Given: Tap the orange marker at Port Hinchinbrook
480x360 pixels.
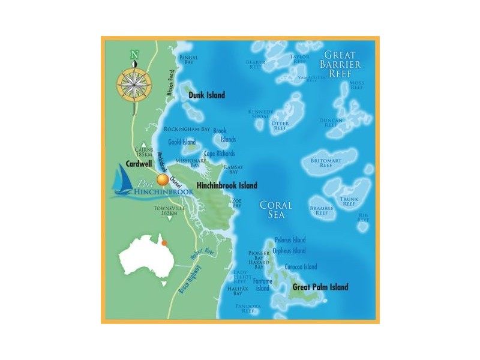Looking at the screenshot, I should tap(162, 179).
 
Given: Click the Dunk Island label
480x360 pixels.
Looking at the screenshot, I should tap(206, 95).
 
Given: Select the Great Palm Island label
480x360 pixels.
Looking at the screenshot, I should tap(320, 287).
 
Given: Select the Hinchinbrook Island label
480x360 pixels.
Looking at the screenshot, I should tap(227, 186).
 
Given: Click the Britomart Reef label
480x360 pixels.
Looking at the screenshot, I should tap(326, 163).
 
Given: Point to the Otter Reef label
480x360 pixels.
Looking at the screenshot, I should tap(280, 126).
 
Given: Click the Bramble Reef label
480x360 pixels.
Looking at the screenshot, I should tap(322, 211).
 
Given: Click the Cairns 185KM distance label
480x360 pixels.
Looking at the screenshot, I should tap(145, 152).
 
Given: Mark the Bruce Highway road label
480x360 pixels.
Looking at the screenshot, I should tap(189, 280).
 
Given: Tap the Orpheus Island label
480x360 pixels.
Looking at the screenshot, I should tap(289, 251).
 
